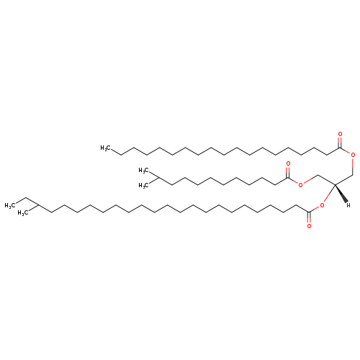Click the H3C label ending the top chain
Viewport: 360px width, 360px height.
105,148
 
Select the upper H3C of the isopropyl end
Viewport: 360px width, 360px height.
143,171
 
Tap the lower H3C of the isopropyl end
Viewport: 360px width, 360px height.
143,186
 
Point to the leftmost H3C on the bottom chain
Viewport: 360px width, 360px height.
9,205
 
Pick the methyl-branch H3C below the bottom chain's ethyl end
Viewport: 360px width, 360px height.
22,213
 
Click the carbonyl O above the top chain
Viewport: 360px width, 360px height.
340,134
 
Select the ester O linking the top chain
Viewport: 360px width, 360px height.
353,156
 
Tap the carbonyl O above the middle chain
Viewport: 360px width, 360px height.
288,164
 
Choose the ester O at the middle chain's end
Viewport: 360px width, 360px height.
300,185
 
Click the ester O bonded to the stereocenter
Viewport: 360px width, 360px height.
322,205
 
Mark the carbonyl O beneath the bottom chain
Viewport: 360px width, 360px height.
309,226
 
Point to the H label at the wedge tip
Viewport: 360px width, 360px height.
348,205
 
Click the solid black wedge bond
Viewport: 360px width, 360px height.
341,193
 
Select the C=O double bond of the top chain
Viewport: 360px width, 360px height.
340,143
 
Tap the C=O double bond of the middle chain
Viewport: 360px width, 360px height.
288,173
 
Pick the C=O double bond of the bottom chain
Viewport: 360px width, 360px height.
309,217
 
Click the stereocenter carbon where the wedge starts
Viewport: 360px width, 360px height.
335,184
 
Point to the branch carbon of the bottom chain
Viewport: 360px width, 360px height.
38,205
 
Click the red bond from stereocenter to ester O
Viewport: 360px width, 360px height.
329,194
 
